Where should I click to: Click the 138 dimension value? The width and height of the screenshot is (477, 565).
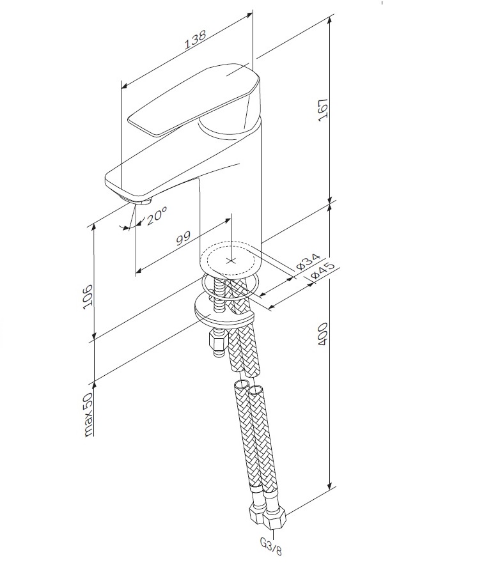(x=195, y=40)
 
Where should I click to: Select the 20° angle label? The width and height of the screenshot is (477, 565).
(x=156, y=217)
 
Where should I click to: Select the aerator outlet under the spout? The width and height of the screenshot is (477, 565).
(x=139, y=203)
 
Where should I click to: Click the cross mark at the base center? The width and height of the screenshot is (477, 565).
(x=231, y=261)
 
